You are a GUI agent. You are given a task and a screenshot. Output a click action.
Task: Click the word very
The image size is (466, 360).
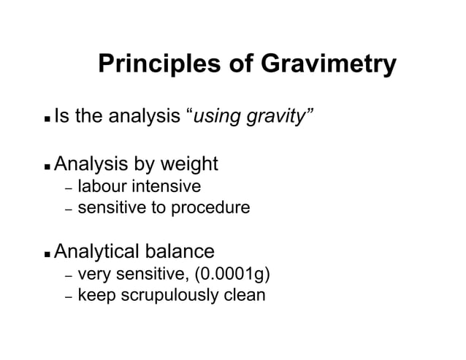click(x=93, y=275)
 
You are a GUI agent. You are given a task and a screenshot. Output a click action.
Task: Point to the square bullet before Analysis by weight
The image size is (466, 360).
click(x=47, y=166)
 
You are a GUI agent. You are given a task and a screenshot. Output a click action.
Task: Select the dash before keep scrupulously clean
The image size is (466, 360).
click(x=67, y=298)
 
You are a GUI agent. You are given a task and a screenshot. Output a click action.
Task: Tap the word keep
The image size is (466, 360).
click(x=96, y=296)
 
